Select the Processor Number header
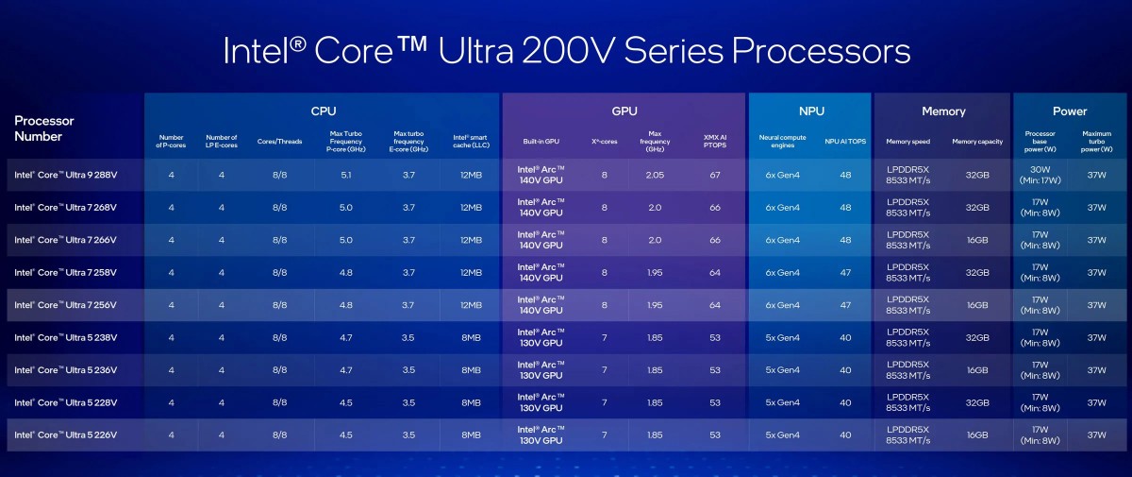[44, 128]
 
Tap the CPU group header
[323, 111]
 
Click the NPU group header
[810, 111]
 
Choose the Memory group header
[943, 111]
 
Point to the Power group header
[1070, 111]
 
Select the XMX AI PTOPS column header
[714, 142]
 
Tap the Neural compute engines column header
[781, 142]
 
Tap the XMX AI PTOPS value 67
[714, 175]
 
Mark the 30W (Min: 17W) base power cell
[1040, 175]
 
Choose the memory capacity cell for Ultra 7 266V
[976, 240]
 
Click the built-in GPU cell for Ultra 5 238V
[541, 337]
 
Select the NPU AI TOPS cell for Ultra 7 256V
[845, 305]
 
